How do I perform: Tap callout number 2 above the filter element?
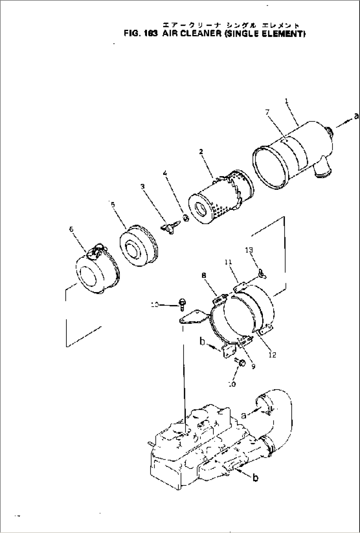(x=201, y=152)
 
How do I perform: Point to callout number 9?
(x=253, y=366)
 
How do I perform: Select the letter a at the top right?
(x=356, y=116)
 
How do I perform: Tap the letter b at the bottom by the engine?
(x=255, y=477)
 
